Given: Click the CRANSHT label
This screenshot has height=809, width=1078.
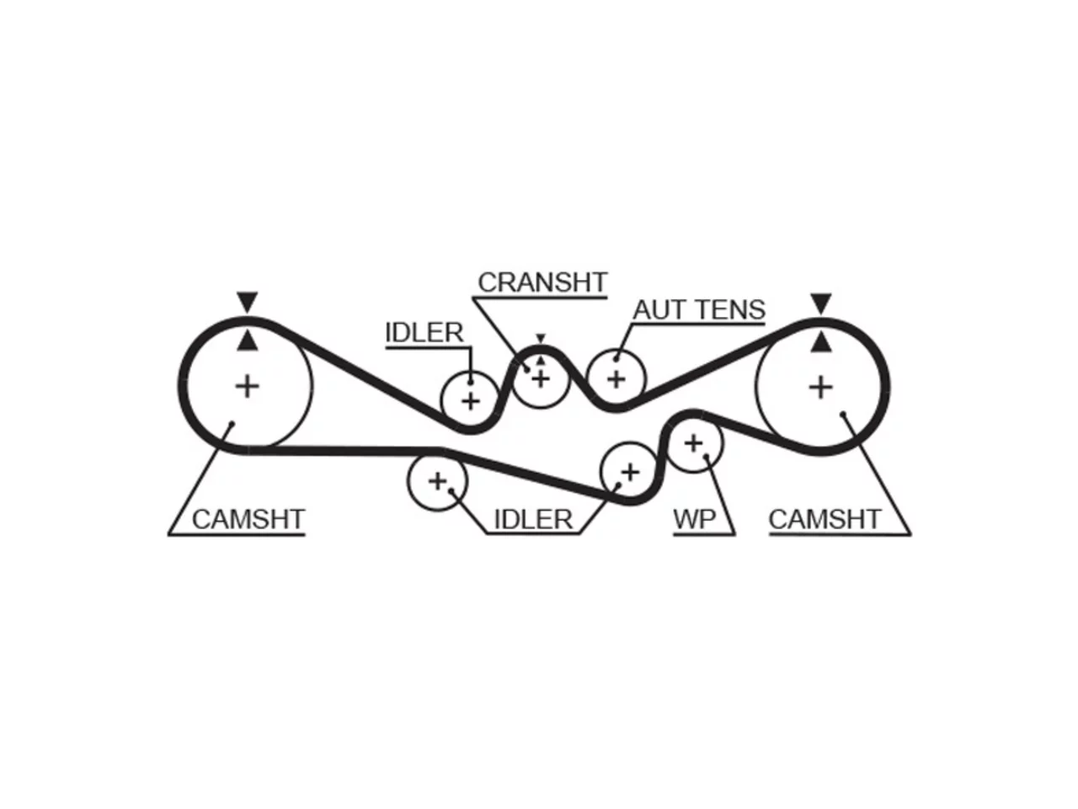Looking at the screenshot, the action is pyautogui.click(x=542, y=282).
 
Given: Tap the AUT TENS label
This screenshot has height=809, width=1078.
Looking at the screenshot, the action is pyautogui.click(x=699, y=310).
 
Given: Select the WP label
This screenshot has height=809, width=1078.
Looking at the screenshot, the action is pyautogui.click(x=695, y=519).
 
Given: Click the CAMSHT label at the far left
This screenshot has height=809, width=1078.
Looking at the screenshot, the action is pyautogui.click(x=248, y=519).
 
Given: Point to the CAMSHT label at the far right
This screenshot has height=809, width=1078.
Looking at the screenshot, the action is pyautogui.click(x=825, y=519).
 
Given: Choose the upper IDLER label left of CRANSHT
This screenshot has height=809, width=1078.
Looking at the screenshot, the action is pyautogui.click(x=424, y=333).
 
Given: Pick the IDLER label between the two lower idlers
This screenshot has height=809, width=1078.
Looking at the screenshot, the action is pyautogui.click(x=533, y=519).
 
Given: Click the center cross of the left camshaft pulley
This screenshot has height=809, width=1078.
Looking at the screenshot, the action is pyautogui.click(x=248, y=386).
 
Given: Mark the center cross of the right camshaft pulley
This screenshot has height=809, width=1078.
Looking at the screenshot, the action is pyautogui.click(x=820, y=388).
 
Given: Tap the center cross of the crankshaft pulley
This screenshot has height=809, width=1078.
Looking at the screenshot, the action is pyautogui.click(x=541, y=379).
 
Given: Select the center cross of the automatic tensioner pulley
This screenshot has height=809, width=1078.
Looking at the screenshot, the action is pyautogui.click(x=616, y=378).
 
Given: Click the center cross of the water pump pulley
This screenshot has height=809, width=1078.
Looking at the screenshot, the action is pyautogui.click(x=693, y=443).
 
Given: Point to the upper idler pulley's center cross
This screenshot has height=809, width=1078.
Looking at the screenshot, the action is pyautogui.click(x=471, y=401).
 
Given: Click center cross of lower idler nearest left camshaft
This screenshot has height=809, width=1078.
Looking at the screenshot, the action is pyautogui.click(x=438, y=481).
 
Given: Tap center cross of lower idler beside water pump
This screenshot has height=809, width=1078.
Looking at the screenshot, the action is pyautogui.click(x=630, y=472).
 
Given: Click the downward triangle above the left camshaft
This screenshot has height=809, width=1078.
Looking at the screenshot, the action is pyautogui.click(x=247, y=301).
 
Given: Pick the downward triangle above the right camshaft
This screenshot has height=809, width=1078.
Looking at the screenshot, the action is pyautogui.click(x=820, y=303).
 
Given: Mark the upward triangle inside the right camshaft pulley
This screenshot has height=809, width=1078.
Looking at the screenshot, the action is pyautogui.click(x=820, y=342).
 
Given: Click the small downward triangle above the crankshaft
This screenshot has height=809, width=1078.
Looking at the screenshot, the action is pyautogui.click(x=541, y=338).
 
